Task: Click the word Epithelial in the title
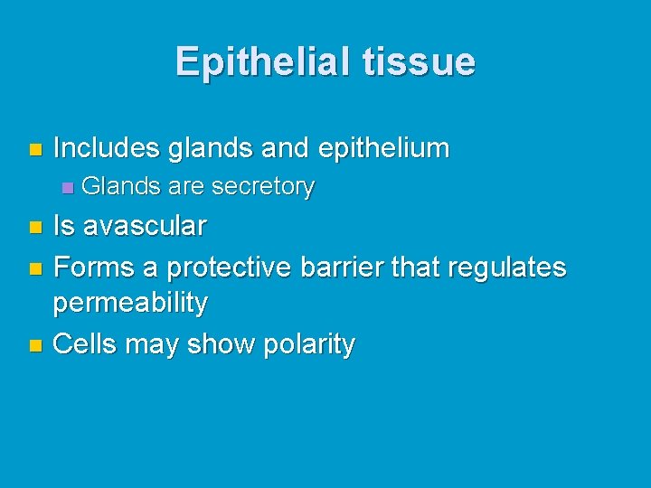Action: coord(261,61)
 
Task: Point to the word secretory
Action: coord(262,187)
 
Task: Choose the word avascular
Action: coord(145,225)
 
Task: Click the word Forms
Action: coord(93,267)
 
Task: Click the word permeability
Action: coord(130,304)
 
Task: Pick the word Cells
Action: coord(87,343)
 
